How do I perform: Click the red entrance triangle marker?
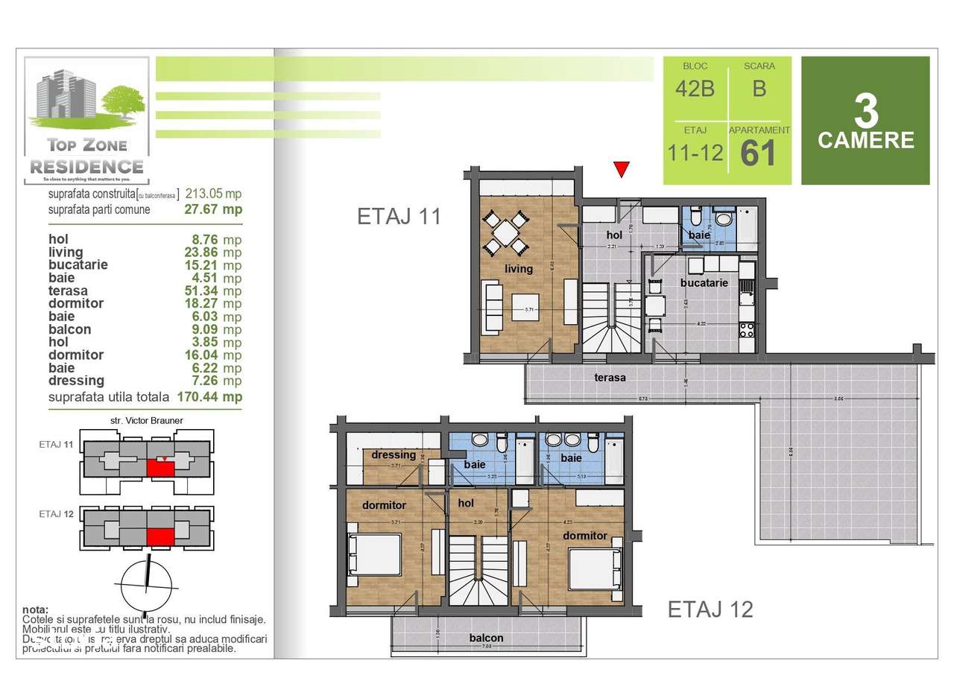tap(620, 169)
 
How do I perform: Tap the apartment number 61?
tap(759, 153)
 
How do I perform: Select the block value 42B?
tap(695, 89)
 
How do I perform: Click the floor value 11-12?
tap(695, 153)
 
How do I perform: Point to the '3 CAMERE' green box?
tap(865, 121)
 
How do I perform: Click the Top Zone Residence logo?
tap(86, 121)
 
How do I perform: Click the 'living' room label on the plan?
tap(519, 268)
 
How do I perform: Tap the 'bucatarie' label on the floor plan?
tap(704, 283)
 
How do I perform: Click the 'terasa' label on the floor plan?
tap(610, 377)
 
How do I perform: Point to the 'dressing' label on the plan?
tap(394, 454)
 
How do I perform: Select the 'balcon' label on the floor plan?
tap(486, 638)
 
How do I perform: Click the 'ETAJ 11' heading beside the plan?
tap(399, 217)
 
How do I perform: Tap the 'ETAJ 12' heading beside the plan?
tap(710, 609)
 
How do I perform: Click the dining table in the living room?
tap(505, 232)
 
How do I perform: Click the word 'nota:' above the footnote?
tap(35, 609)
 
